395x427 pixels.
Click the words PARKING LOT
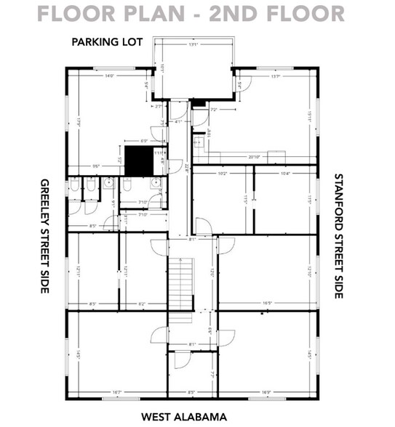coord(108,42)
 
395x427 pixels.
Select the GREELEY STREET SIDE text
coord(44,236)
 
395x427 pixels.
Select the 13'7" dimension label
coord(276,76)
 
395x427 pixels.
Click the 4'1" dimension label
coord(179,121)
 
